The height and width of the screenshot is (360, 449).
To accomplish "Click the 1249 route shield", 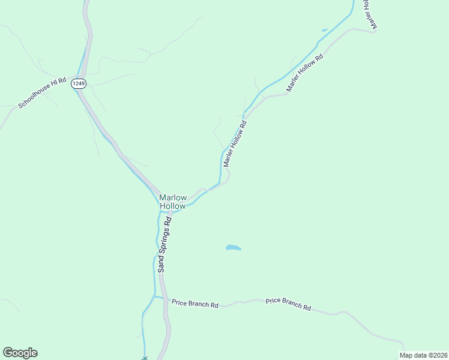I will coord(78,83).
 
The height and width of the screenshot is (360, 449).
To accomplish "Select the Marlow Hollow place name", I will coord(173,202).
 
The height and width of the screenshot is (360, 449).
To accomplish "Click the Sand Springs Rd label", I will coord(164,245).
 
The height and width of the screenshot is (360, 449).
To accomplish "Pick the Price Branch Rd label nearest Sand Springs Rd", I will coord(194,304).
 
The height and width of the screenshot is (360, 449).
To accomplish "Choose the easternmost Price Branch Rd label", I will coord(288,304).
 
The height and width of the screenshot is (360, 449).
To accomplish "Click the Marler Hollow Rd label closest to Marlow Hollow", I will coord(235,144).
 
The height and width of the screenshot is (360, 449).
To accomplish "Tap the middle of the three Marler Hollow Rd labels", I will coord(305,73).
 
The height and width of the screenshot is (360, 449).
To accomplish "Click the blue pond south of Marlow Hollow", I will coord(233,247).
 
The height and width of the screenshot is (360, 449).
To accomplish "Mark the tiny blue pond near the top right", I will coord(325,30).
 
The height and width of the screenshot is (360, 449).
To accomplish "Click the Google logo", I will coord(20,353).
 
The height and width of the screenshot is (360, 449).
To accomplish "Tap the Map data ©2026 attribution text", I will coord(423,355).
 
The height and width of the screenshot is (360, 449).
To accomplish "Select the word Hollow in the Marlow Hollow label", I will coord(173,206).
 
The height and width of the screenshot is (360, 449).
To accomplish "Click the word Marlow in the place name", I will coord(173,197).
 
